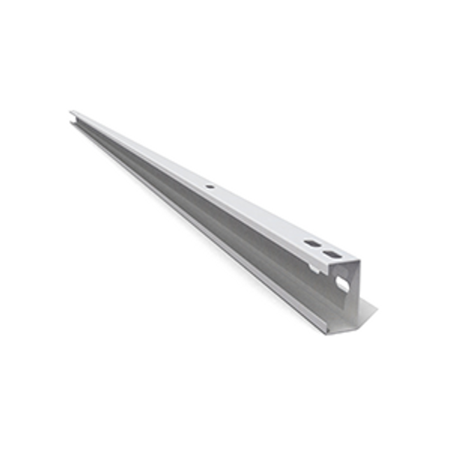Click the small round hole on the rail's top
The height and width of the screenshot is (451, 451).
point(208,187)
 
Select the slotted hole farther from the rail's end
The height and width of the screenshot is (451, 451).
point(312,243)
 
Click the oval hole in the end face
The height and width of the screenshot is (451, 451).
point(343,283)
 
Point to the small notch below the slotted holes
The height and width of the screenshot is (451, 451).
point(314,266)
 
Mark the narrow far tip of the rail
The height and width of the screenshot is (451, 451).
point(72,113)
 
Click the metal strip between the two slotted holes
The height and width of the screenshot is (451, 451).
point(323,249)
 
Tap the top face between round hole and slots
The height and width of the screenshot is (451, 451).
point(259,214)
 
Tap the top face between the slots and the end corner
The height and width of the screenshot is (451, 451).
point(347,259)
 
